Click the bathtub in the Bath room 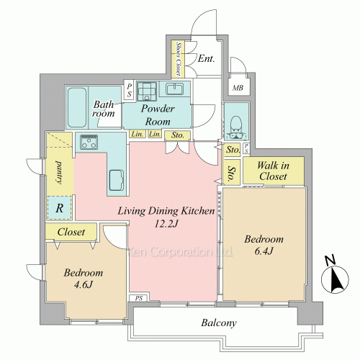[76, 107]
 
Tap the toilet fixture [236, 127]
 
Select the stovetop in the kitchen [89, 142]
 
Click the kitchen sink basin [117, 180]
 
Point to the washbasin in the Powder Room [175, 89]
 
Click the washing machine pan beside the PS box [147, 91]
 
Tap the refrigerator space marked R [60, 208]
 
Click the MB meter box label [238, 88]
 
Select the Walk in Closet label [273, 171]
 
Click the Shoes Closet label [179, 59]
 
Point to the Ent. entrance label [206, 58]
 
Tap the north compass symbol [335, 276]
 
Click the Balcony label [219, 323]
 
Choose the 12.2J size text [166, 224]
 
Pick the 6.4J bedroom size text [264, 251]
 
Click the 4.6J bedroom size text [83, 285]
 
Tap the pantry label [59, 173]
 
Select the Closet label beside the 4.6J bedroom [71, 232]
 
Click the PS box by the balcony [139, 298]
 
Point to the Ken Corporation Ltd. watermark [181, 252]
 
